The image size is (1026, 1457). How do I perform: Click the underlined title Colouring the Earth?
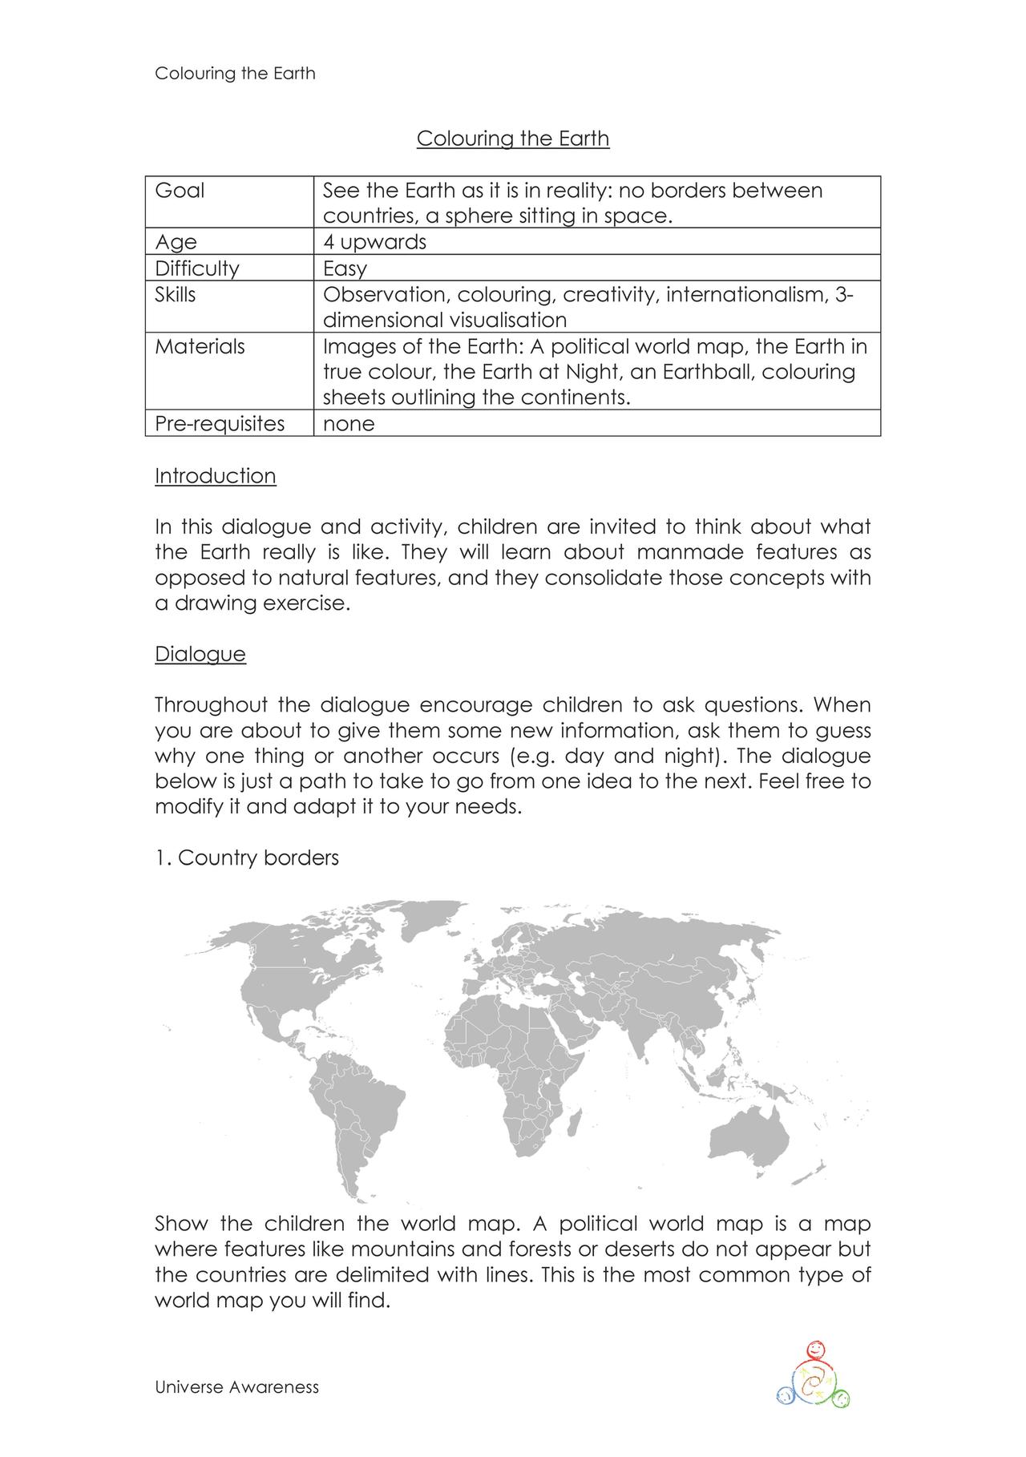point(513,139)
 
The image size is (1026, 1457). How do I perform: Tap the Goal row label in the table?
point(180,191)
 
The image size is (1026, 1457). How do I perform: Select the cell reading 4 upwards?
point(374,242)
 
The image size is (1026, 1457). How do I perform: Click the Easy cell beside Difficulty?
point(345,268)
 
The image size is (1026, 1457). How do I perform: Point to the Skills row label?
point(175,294)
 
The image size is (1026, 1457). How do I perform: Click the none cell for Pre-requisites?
point(349,423)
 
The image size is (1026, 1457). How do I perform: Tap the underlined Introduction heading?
point(215,476)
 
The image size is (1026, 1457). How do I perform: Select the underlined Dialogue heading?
point(200,654)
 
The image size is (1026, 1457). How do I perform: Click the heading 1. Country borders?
point(247,858)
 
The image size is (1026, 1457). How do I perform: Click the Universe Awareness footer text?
point(236,1387)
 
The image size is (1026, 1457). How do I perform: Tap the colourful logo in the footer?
point(812,1377)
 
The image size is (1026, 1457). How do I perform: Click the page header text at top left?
point(235,74)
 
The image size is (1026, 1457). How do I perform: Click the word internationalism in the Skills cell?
point(745,295)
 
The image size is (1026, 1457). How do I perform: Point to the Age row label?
point(176,242)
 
